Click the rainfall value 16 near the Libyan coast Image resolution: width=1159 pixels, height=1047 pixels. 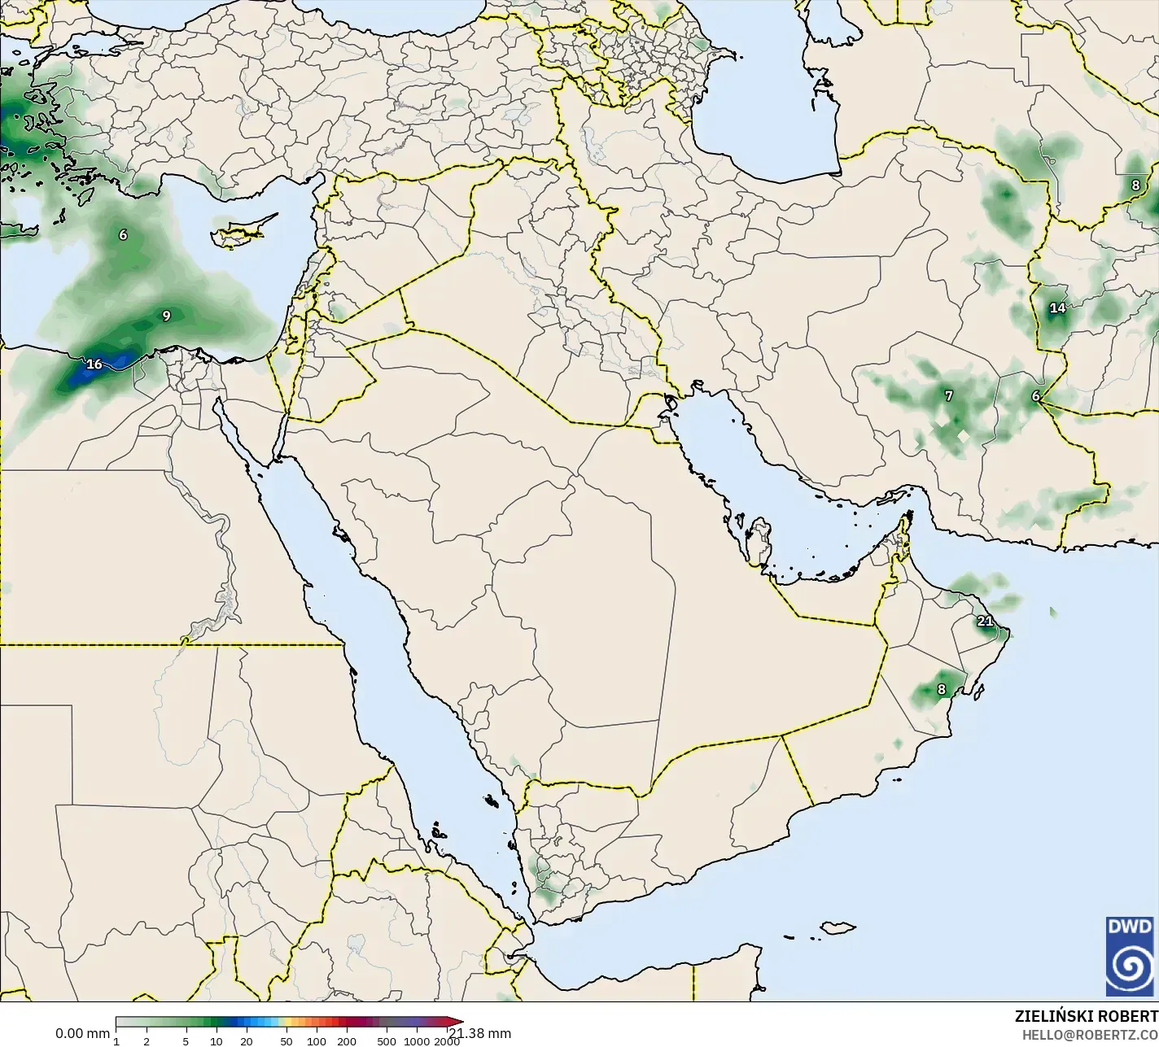[x=94, y=364]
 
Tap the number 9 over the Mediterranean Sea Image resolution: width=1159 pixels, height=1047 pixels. [x=166, y=316]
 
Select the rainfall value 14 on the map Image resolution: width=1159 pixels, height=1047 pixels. [x=1057, y=308]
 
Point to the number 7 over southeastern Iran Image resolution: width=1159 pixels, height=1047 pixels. [x=948, y=395]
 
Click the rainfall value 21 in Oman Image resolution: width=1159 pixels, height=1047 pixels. [x=985, y=621]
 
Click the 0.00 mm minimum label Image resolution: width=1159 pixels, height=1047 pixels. [x=82, y=1033]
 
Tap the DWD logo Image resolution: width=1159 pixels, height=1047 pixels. [x=1130, y=956]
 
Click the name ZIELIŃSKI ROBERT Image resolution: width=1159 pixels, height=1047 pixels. [x=1086, y=1016]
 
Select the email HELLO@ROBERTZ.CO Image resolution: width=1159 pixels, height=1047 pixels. [x=1090, y=1035]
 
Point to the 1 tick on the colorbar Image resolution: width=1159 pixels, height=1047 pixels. [x=116, y=1040]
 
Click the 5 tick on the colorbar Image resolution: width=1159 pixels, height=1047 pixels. [x=186, y=1040]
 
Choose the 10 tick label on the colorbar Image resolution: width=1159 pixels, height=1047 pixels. [x=216, y=1040]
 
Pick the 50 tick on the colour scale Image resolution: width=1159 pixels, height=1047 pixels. [x=286, y=1040]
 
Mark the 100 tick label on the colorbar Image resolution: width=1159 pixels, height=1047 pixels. [x=316, y=1040]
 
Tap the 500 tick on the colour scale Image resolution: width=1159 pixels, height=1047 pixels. [x=387, y=1040]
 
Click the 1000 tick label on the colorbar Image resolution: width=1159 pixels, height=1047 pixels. [x=416, y=1040]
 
